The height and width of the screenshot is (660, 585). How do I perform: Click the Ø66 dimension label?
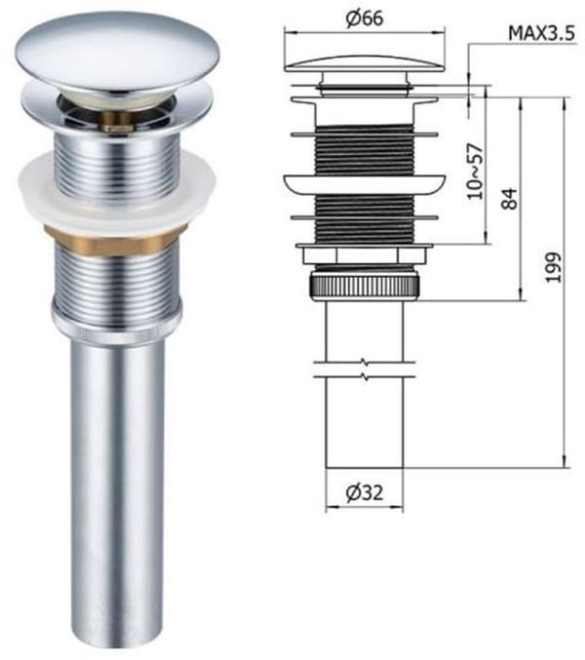pyautogui.click(x=365, y=19)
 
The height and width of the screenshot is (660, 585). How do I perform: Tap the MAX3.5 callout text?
pyautogui.click(x=541, y=33)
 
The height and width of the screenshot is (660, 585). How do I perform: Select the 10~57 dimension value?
pyautogui.click(x=475, y=171)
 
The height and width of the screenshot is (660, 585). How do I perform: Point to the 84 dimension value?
pyautogui.click(x=509, y=199)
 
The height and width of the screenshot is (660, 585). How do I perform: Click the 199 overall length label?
pyautogui.click(x=553, y=267)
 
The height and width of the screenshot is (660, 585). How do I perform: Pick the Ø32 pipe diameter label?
pyautogui.click(x=365, y=492)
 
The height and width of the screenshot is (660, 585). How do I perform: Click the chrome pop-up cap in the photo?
pyautogui.click(x=118, y=52)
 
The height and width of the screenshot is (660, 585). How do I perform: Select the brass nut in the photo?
pyautogui.click(x=116, y=238)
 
